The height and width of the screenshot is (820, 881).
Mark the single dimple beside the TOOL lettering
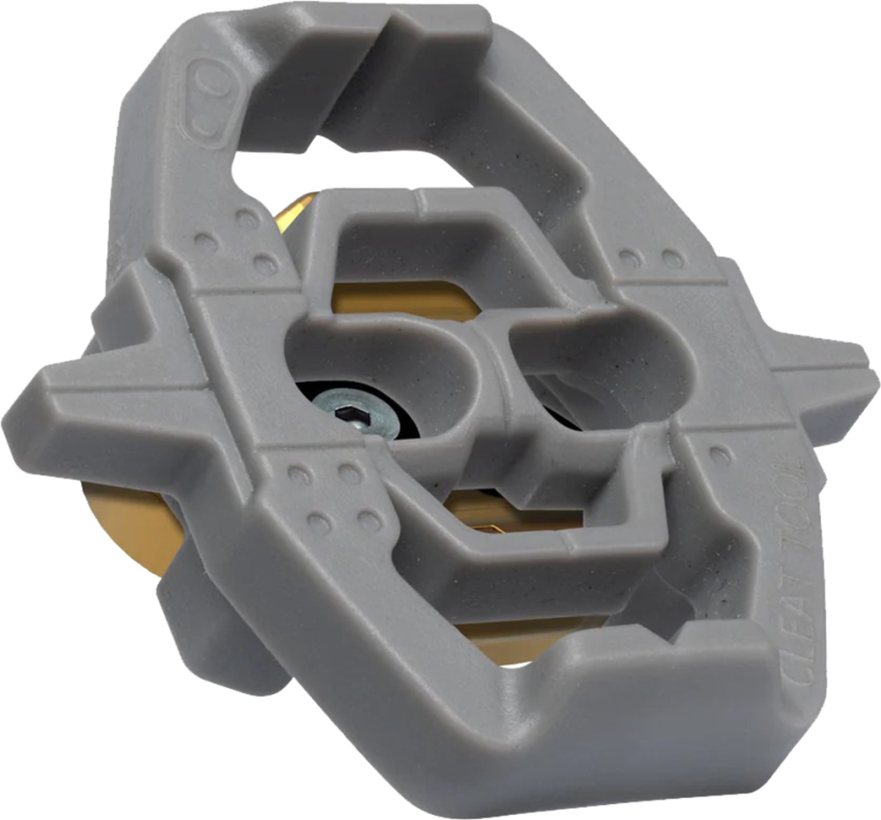[721, 455]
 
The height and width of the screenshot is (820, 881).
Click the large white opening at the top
[291, 176]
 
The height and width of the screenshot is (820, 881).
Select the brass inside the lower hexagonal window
[511, 520]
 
